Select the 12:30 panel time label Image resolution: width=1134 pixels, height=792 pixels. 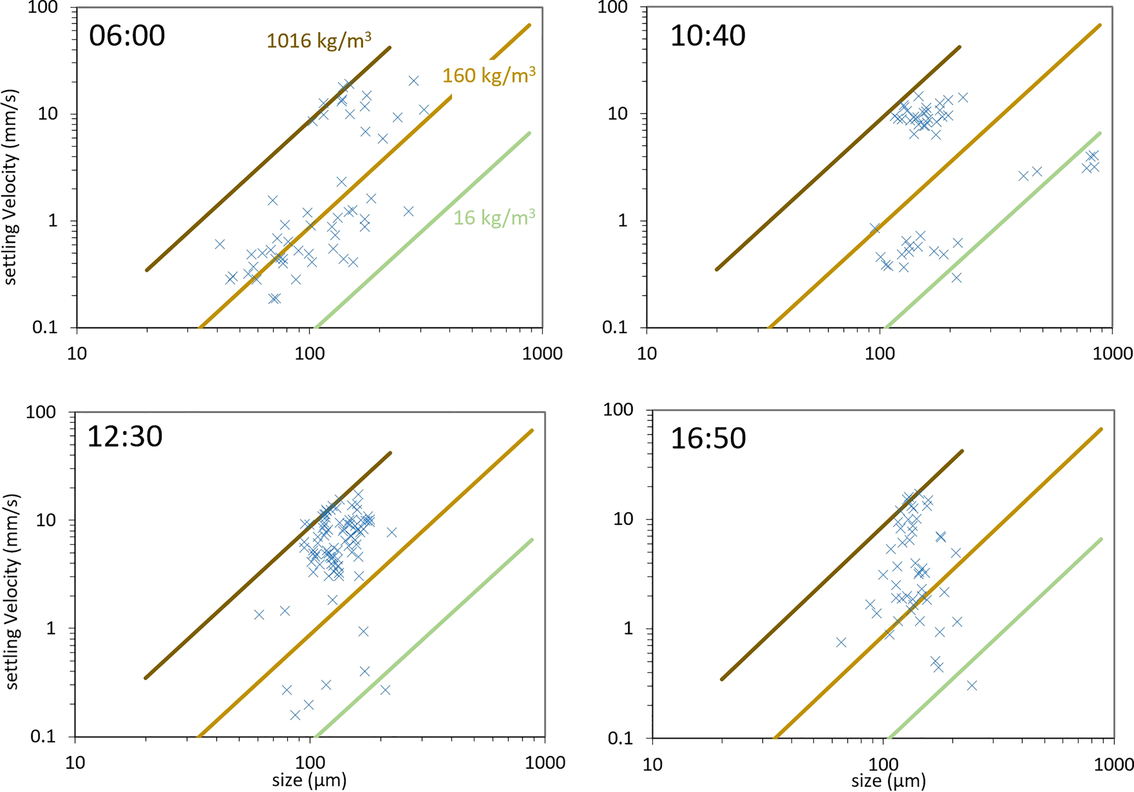pos(124,437)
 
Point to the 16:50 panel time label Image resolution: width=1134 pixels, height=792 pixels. pos(707,438)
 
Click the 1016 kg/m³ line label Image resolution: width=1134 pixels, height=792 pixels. pos(318,41)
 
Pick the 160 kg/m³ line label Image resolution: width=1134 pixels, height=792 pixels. pos(489,76)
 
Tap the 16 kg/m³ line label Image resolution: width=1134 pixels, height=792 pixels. pos(494,217)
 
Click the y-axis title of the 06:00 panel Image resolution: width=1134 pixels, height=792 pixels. pos(11,188)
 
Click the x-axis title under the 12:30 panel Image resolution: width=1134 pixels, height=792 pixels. pos(309,780)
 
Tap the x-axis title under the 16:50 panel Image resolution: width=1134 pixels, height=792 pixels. pos(888,781)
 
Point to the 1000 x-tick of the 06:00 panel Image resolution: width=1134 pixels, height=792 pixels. pos(542,354)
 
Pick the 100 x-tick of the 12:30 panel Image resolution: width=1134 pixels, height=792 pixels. pos(310,763)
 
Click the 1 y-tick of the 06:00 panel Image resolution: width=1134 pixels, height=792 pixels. pos(52,221)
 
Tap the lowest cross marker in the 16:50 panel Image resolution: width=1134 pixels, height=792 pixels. pos(972,686)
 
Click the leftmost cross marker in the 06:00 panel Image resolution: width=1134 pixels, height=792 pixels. pos(220,244)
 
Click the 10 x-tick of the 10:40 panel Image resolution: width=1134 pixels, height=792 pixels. pos(646,354)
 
